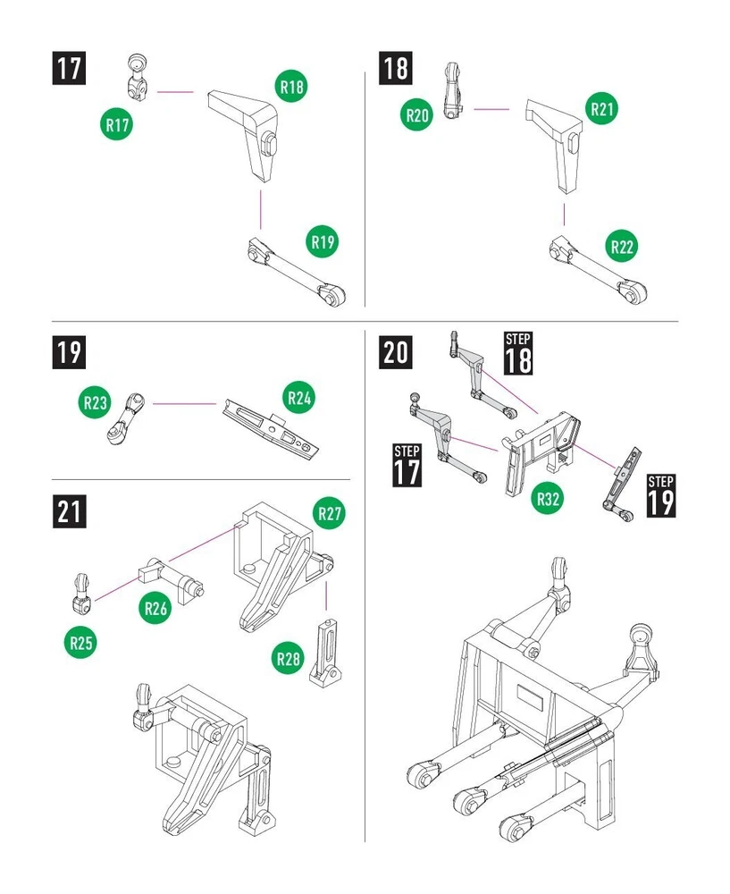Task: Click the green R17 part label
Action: [x=116, y=124]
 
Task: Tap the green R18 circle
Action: [x=292, y=87]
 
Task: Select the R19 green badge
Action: [x=323, y=241]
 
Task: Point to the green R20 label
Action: [x=417, y=114]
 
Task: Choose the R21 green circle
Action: [x=603, y=108]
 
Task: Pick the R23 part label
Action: [x=96, y=403]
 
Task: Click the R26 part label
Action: [x=155, y=609]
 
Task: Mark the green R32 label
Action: [x=549, y=498]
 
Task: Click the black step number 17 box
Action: [x=68, y=70]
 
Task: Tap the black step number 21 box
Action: [x=68, y=512]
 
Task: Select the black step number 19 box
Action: [x=68, y=352]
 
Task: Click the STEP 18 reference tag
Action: [x=518, y=352]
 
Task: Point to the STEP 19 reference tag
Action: [x=660, y=494]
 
